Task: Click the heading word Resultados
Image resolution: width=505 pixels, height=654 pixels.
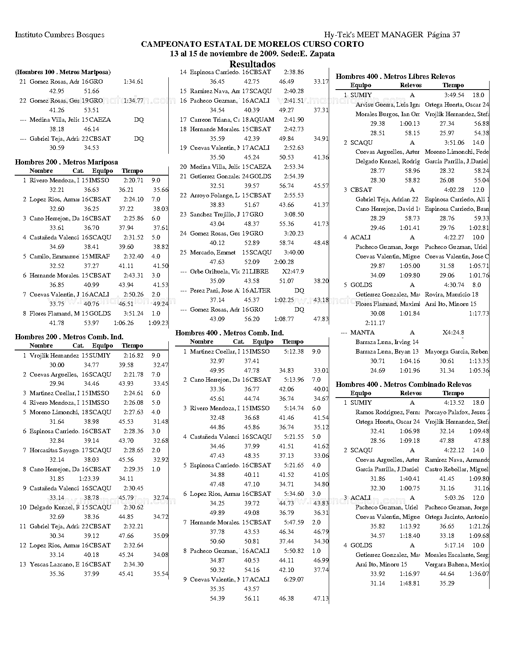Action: click(252, 64)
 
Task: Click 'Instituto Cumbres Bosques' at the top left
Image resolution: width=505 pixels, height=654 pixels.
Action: click(59, 34)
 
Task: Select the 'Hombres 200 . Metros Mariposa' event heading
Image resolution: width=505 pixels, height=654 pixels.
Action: click(66, 162)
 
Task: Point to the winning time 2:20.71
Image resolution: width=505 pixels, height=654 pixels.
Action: click(133, 180)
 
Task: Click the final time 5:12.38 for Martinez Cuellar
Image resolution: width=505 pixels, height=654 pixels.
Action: click(293, 352)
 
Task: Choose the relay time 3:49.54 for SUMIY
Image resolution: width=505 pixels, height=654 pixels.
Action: click(454, 95)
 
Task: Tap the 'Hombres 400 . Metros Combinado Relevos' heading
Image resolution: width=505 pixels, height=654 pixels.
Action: click(403, 384)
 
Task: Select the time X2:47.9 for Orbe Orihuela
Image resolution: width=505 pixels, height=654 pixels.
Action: click(293, 272)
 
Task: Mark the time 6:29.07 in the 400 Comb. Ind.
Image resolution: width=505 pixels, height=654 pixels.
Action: click(293, 579)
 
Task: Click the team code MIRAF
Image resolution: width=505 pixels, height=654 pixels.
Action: click(99, 256)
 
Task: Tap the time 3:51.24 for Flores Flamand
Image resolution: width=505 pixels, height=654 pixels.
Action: click(133, 314)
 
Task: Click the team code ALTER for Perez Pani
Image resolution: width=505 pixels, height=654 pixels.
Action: click(260, 291)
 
